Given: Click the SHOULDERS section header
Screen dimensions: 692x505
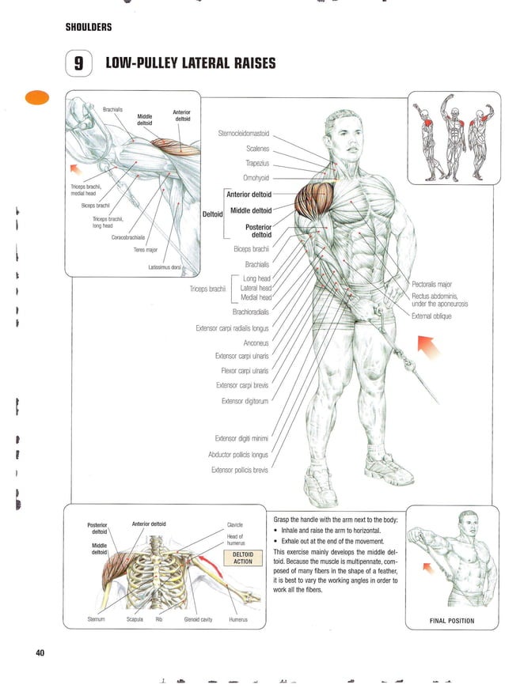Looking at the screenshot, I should (88, 28).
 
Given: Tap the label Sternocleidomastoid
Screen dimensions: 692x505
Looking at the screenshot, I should (243, 133).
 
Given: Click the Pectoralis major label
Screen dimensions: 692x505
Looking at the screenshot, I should (431, 283).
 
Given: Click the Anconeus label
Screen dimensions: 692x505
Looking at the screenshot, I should (256, 342).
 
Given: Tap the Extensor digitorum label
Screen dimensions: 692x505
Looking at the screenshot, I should (245, 401).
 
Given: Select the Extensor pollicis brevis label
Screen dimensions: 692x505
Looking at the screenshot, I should (239, 470).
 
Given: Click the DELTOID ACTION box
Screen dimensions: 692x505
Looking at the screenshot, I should (243, 558).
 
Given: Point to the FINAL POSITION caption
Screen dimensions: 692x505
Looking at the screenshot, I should (451, 621).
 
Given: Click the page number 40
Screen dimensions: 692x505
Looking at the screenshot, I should (40, 652).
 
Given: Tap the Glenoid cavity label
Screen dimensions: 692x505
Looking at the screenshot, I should (198, 619).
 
